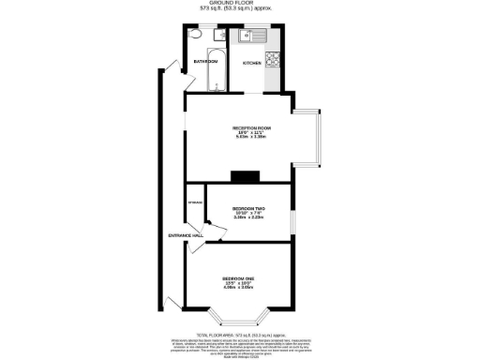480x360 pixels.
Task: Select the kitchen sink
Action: coord(252,37)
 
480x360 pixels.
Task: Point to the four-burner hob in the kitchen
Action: coord(275,61)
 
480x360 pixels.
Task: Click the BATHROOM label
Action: coord(204,62)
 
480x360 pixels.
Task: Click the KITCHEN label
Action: coord(253,63)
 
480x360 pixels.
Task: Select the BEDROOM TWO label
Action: coord(247,209)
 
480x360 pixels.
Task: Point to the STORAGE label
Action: coord(196,202)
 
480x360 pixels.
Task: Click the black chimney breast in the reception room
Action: coord(246,173)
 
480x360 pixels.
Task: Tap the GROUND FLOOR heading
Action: coord(240,4)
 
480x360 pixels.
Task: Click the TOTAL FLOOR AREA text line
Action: coord(240,334)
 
